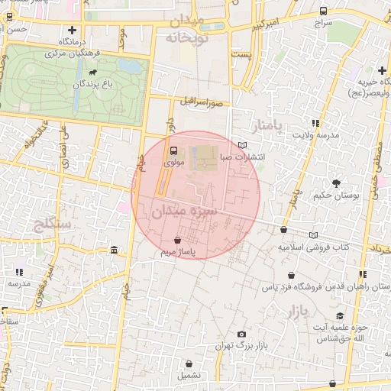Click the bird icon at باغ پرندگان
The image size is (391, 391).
point(92,73)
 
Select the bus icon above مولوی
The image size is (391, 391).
point(173,150)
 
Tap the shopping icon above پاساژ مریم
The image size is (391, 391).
point(178,239)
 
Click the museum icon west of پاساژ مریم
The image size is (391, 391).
point(114,250)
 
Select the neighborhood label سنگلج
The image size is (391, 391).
point(53,225)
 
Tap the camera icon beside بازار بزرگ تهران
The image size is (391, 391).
point(242,334)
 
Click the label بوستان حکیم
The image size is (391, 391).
point(336,195)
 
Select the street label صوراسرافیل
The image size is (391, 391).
point(201,100)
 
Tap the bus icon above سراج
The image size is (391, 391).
point(324,11)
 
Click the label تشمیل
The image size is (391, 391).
point(186,376)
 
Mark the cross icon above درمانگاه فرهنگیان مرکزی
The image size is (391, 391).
point(73,31)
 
